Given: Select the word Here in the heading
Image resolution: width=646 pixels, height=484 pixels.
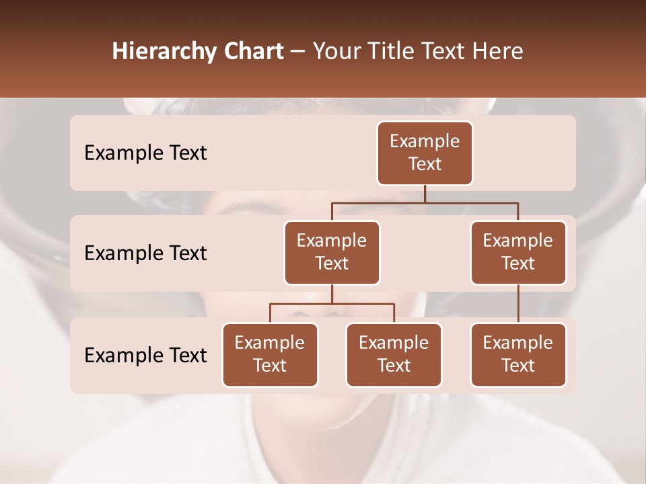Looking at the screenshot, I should point(499,52).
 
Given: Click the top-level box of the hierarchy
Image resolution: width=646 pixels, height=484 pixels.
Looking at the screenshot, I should point(425,153).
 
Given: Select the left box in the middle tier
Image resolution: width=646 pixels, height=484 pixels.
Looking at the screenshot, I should point(332,252).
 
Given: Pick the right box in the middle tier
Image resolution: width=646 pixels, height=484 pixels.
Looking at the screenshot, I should point(518,252).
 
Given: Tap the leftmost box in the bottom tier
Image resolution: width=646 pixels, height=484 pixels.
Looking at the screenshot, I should point(270,354).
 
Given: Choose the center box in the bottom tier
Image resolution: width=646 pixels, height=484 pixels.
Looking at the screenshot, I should point(394,354).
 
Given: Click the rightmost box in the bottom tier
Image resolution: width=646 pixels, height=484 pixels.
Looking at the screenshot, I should point(518,354).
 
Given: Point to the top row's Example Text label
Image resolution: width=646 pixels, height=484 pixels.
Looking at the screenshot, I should point(145,153).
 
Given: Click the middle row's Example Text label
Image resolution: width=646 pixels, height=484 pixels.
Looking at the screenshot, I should point(145,253).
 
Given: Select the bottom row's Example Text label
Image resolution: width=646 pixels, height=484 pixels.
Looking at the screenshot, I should point(145,355).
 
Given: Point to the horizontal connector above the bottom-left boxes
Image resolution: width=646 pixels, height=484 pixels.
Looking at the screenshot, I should point(332,304).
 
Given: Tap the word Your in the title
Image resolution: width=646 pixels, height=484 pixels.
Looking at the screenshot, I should point(338,52).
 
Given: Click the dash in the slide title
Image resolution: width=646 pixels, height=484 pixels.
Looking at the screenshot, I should point(298,52).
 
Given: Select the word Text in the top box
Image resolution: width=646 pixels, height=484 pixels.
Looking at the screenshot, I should point(425,164).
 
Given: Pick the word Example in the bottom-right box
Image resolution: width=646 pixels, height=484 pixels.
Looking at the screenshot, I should point(518,343).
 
